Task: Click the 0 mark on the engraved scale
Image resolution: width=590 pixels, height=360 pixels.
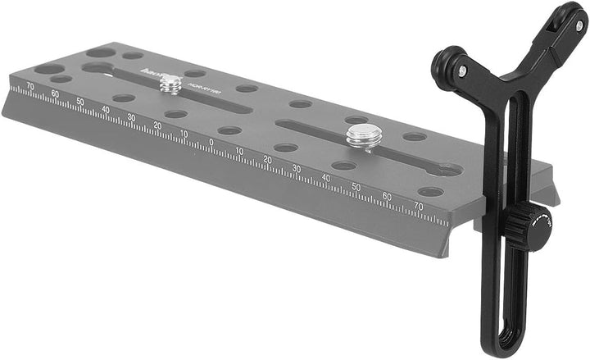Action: pyautogui.click(x=211, y=141)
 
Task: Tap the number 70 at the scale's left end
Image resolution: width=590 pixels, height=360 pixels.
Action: pyautogui.click(x=30, y=84)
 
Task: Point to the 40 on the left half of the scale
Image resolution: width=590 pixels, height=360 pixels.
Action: pyautogui.click(x=105, y=108)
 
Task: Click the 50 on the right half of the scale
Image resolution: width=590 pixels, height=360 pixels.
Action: pyautogui.click(x=356, y=187)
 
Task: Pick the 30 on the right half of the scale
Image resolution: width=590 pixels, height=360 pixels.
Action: pyautogui.click(x=297, y=168)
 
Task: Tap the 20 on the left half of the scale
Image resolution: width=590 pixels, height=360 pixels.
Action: pyautogui.click(x=157, y=125)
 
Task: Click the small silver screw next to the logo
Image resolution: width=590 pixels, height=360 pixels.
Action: pyautogui.click(x=170, y=83)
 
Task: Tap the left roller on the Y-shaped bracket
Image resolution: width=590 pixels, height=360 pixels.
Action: pyautogui.click(x=447, y=65)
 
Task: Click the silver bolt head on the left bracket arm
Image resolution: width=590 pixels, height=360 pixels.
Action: pyautogui.click(x=463, y=71)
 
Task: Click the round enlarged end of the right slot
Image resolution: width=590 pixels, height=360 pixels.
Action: pyautogui.click(x=447, y=170)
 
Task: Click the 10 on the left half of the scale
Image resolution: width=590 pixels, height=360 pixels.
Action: pyautogui.click(x=184, y=133)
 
